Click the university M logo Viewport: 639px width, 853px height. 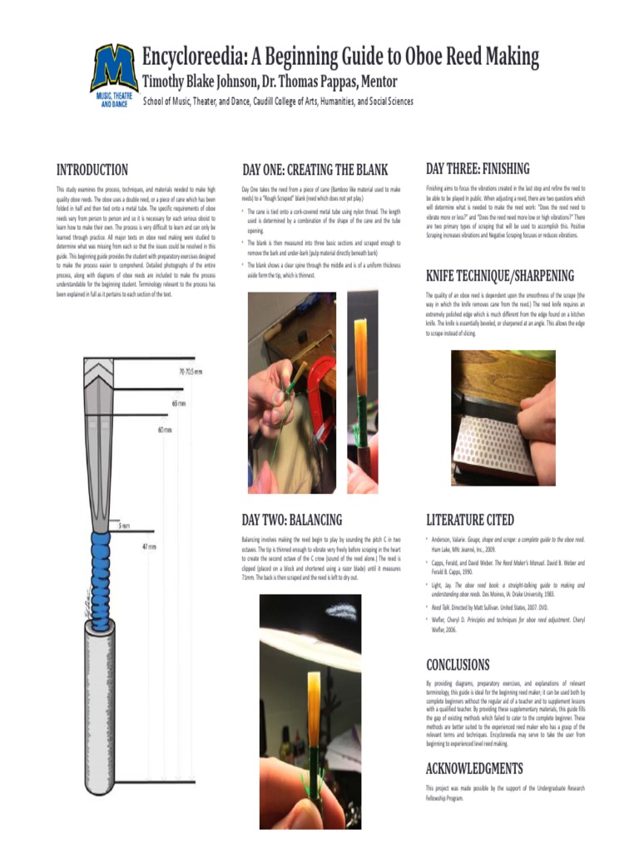(x=114, y=69)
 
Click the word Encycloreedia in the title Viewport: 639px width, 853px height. (x=195, y=57)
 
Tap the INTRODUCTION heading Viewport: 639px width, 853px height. (x=92, y=170)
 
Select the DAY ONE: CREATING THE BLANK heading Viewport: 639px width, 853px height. (x=315, y=170)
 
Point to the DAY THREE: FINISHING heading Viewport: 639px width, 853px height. (x=478, y=169)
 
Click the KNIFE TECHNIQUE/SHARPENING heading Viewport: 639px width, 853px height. (x=499, y=276)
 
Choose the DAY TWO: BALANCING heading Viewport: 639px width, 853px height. (x=291, y=520)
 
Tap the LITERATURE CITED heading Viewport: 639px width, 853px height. (x=470, y=520)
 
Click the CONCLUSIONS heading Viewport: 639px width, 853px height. (x=458, y=665)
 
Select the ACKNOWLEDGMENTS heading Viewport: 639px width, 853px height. (x=474, y=768)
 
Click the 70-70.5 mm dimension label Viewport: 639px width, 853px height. (x=191, y=372)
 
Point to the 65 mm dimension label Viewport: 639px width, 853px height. (x=179, y=403)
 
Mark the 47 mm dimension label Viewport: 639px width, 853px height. (x=149, y=546)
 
